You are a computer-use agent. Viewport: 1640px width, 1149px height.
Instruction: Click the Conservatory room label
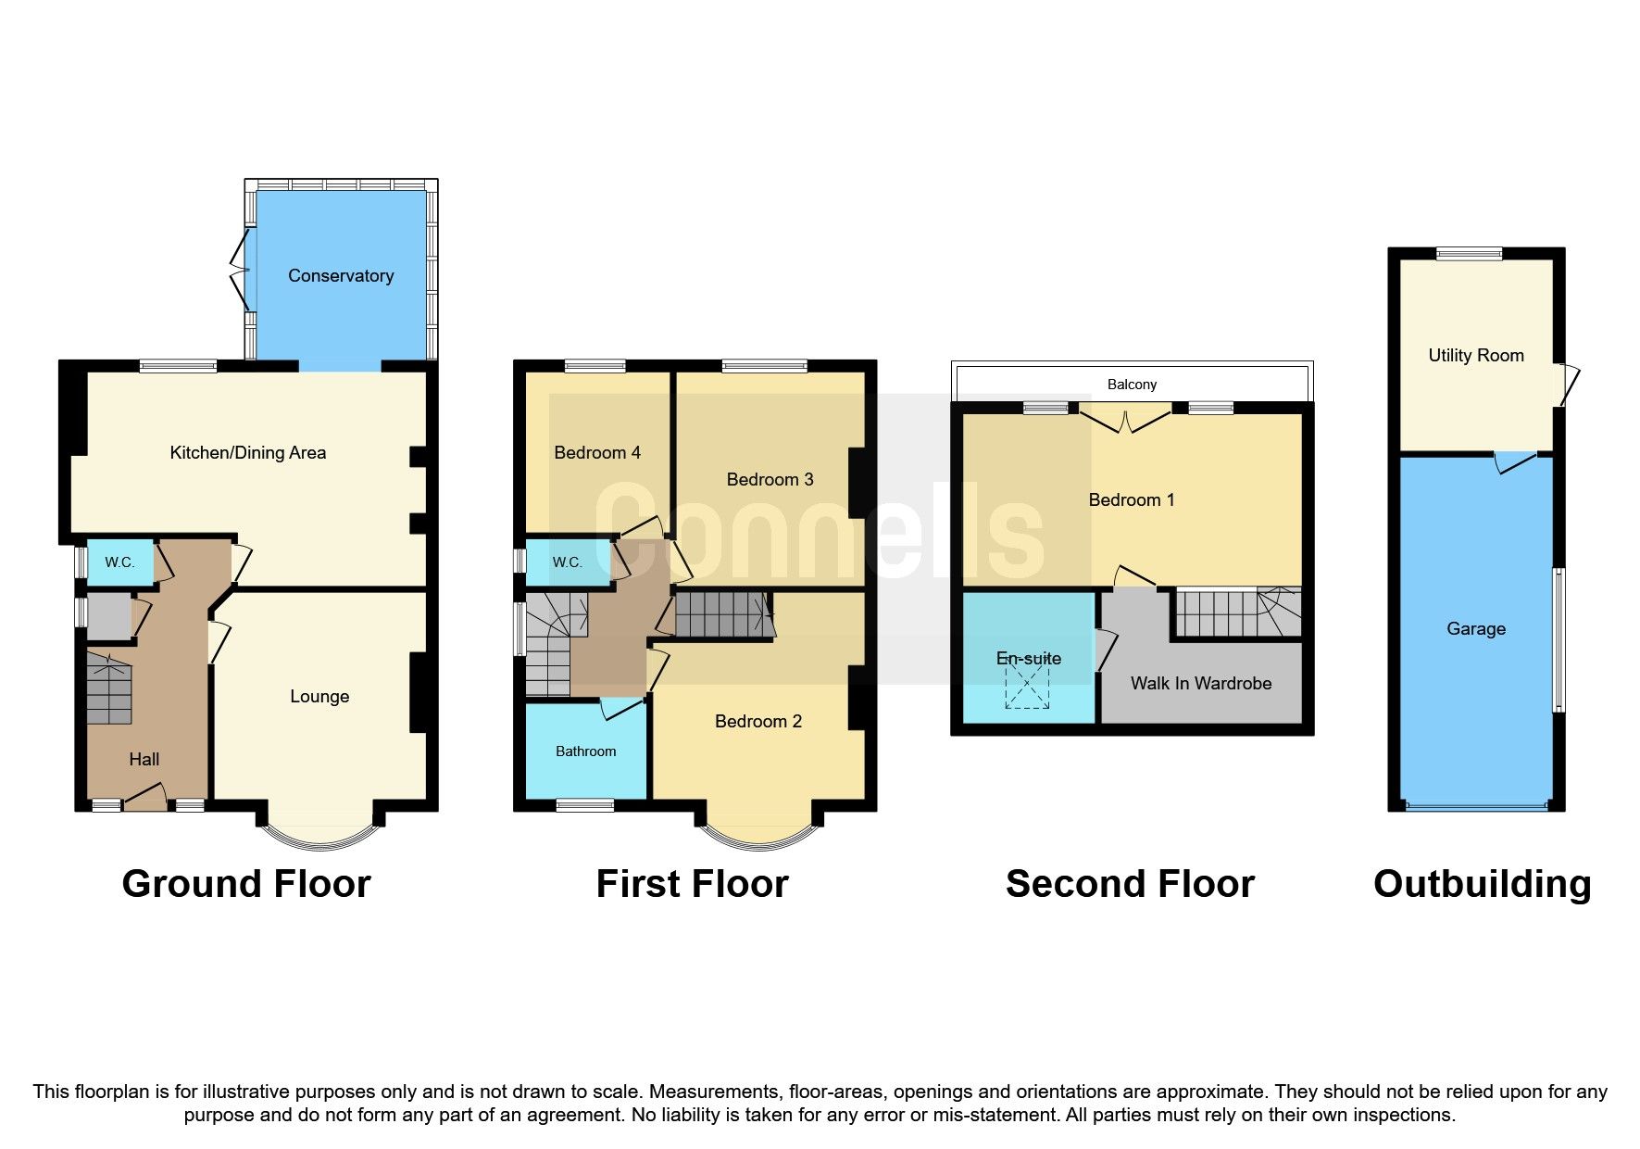341,275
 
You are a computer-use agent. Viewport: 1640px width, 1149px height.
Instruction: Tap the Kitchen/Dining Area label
247,453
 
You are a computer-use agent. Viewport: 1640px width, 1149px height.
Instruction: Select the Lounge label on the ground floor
319,697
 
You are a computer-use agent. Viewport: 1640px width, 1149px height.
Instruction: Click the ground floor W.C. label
119,562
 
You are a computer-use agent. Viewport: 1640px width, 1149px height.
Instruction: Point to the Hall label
144,760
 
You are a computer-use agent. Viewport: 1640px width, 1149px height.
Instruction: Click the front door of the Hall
144,797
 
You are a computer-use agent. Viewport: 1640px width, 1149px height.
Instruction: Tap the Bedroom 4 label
597,453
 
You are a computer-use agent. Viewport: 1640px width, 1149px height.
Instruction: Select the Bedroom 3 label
770,480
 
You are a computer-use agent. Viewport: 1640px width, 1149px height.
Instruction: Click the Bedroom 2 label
758,722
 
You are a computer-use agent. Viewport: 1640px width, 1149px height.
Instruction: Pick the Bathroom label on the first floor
585,751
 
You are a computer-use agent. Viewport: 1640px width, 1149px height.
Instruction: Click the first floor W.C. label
567,562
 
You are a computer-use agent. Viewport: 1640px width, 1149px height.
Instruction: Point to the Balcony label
1132,385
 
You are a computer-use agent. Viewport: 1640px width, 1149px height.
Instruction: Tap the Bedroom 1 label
1132,500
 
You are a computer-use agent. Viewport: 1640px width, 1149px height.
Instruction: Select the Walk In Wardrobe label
1201,684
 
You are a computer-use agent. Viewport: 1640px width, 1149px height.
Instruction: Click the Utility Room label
1476,356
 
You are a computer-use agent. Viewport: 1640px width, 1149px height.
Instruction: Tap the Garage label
1476,629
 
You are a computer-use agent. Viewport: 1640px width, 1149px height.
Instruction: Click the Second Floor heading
1130,884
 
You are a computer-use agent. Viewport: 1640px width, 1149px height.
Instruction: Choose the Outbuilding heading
1482,884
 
